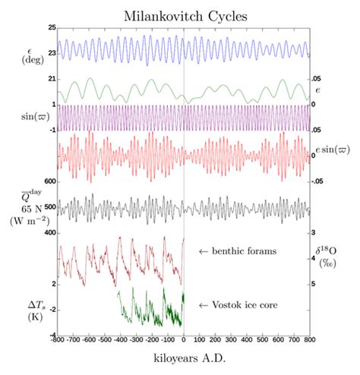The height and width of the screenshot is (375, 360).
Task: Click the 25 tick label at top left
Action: [x=52, y=27]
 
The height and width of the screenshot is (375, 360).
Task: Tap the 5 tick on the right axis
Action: [x=314, y=284]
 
